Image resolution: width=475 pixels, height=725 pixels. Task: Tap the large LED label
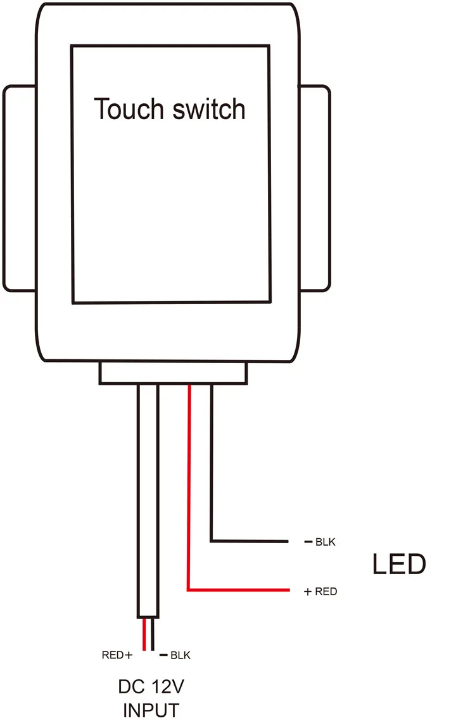click(x=398, y=565)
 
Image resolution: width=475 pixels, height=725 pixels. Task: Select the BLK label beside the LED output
click(x=325, y=542)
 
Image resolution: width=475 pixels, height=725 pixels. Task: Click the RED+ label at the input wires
click(x=117, y=655)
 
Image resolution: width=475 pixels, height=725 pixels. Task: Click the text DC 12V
click(x=151, y=687)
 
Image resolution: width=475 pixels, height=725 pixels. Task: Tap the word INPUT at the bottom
click(x=151, y=710)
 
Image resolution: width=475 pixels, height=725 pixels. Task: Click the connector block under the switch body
click(x=173, y=373)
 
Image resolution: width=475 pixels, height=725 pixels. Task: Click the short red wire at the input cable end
click(x=144, y=634)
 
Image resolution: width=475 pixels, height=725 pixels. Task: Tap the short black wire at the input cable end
click(x=153, y=634)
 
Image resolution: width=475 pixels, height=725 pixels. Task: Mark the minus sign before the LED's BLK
click(x=308, y=542)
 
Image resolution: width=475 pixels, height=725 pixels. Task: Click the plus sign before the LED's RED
click(x=308, y=592)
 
